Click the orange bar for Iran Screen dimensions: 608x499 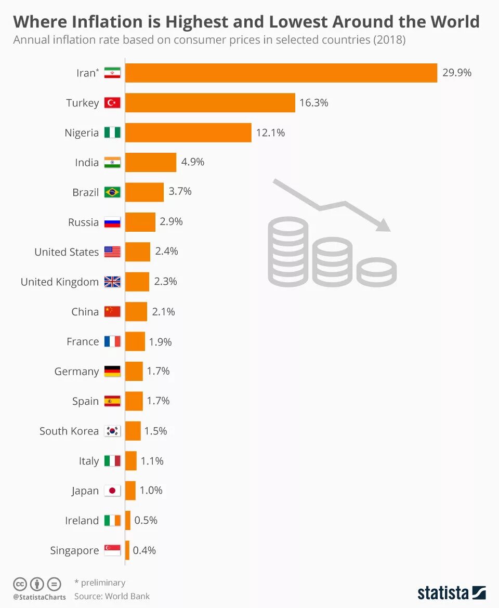[x=281, y=73]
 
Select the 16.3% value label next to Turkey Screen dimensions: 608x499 [x=313, y=103]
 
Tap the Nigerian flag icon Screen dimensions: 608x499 [x=112, y=133]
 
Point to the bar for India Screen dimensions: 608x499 [x=151, y=162]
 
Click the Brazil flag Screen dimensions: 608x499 [x=112, y=192]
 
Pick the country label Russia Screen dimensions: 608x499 [x=83, y=222]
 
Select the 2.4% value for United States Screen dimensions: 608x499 [x=166, y=252]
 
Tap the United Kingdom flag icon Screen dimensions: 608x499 [x=112, y=282]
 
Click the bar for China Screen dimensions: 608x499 [x=136, y=312]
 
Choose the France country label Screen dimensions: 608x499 [x=83, y=341]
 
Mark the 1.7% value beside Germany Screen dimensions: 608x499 [x=158, y=371]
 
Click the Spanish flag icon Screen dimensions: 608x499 [x=112, y=401]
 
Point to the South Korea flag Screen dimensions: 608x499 [x=112, y=431]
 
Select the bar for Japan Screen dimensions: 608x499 [x=130, y=491]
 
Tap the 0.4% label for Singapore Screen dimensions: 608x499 [x=145, y=550]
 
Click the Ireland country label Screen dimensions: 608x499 [x=82, y=521]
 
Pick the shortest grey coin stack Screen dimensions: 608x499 [x=377, y=272]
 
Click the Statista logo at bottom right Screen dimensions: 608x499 [x=451, y=593]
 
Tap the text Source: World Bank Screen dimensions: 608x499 [x=112, y=597]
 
